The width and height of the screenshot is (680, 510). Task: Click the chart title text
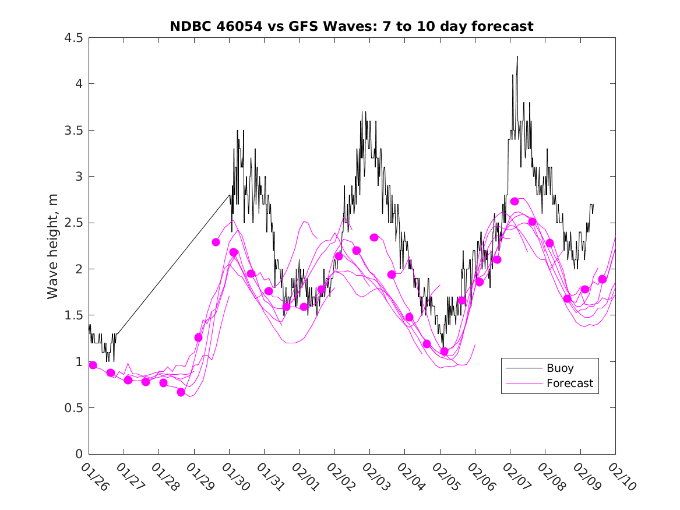[351, 26]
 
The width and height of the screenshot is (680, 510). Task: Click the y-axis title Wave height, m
[53, 246]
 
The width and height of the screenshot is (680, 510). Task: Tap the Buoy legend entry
[559, 368]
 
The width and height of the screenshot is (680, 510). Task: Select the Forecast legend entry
[569, 383]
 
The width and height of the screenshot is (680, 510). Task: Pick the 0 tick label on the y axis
[78, 454]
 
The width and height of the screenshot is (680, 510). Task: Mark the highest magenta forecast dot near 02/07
[515, 201]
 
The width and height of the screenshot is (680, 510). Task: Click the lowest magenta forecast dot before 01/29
[181, 392]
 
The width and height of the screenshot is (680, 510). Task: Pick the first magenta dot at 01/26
[93, 365]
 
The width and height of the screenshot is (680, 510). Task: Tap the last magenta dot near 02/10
[603, 279]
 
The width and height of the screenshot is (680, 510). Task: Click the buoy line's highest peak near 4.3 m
[517, 57]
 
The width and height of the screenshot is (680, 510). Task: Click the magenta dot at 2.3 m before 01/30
[216, 242]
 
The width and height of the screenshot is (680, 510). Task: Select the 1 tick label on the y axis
[78, 362]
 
